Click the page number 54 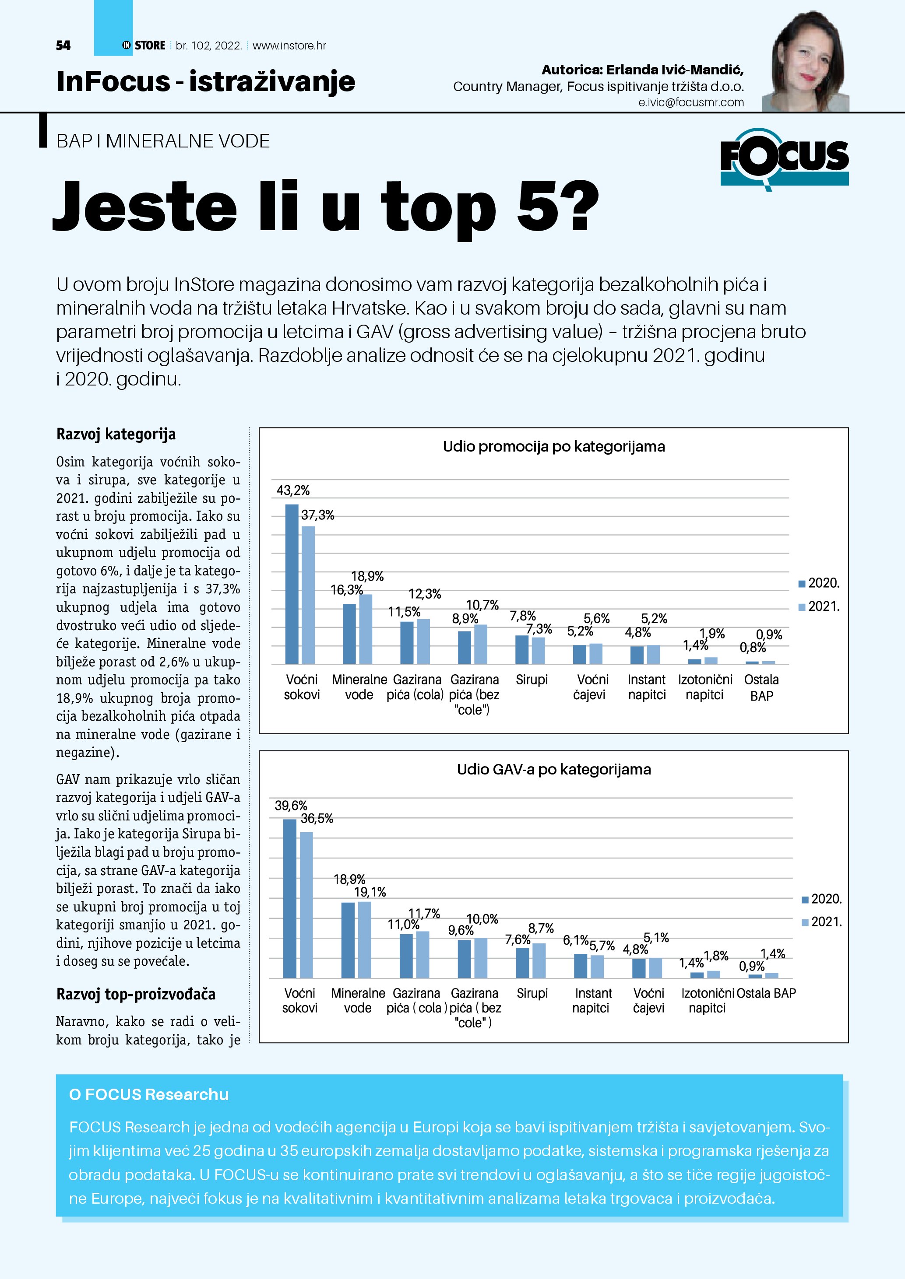[x=63, y=46]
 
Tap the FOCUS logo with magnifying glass [x=784, y=159]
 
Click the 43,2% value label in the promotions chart [x=292, y=490]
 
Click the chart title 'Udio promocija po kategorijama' [x=553, y=447]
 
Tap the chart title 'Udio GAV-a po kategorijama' [x=553, y=769]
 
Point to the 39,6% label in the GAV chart [x=291, y=806]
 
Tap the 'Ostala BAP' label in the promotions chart [x=761, y=687]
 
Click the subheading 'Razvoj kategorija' [x=116, y=434]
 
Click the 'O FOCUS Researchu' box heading [x=149, y=1095]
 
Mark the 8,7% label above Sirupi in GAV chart [x=541, y=928]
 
